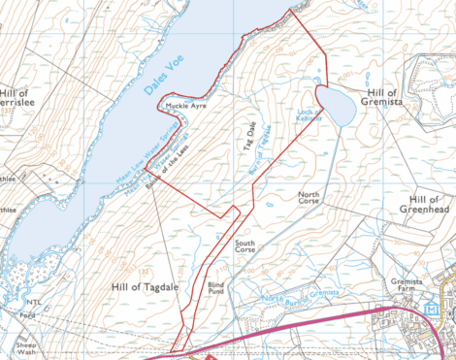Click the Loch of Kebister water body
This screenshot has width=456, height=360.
point(338,107)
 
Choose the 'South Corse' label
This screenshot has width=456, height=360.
point(244,246)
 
